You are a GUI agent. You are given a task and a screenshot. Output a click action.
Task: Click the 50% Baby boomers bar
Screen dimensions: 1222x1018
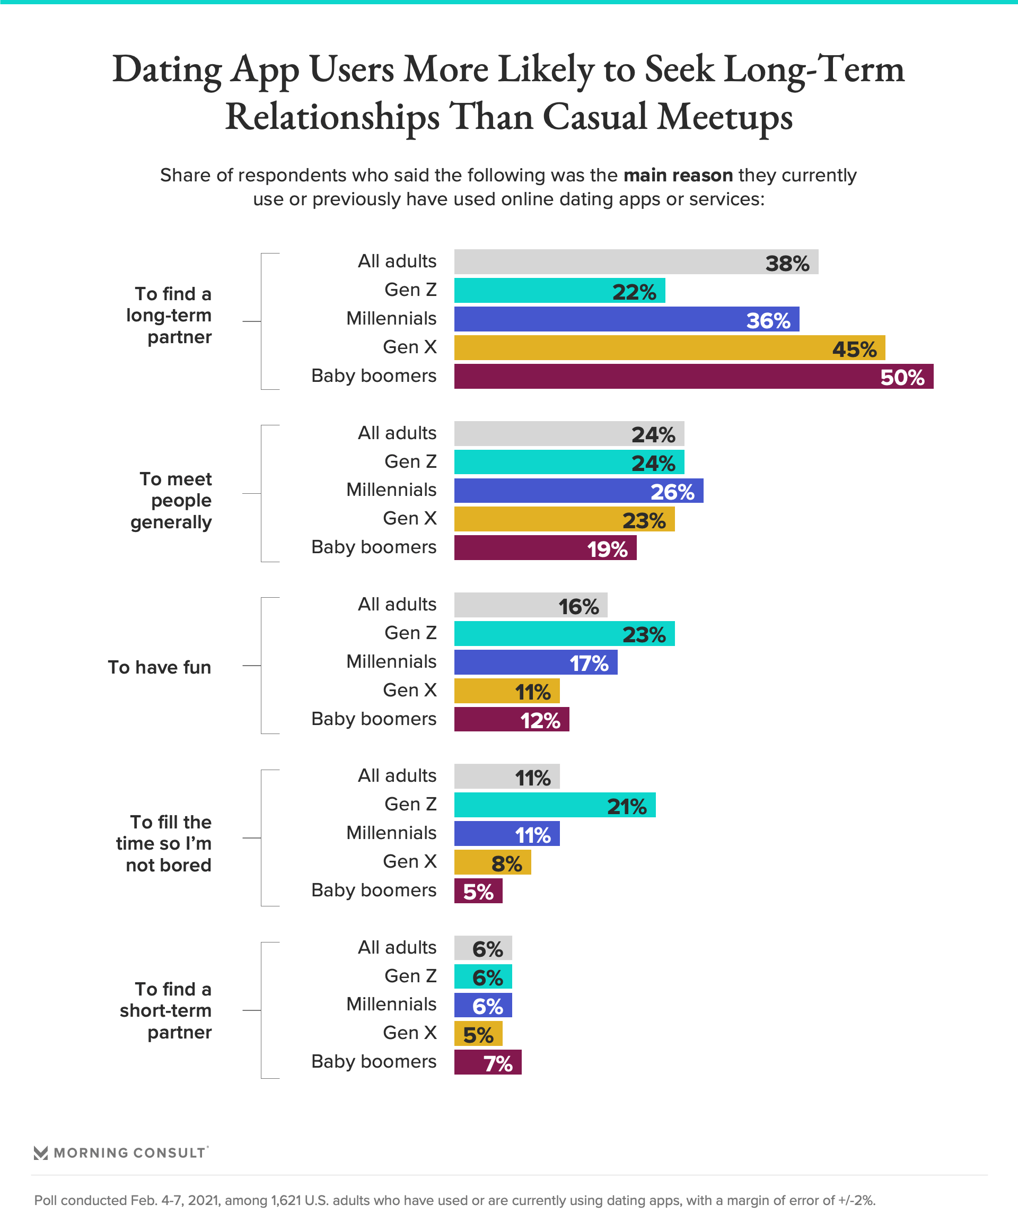(694, 376)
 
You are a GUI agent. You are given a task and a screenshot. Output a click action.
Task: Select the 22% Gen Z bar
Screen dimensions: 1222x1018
(559, 290)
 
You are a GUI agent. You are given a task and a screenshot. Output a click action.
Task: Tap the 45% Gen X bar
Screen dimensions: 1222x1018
(669, 347)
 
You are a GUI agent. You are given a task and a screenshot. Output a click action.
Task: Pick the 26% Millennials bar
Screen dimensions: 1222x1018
(578, 491)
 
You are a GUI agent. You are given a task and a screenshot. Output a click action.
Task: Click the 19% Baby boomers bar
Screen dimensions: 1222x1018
(545, 547)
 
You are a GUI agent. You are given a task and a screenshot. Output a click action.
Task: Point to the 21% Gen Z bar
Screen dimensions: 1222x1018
(555, 805)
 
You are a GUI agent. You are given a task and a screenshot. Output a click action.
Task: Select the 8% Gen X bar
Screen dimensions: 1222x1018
(492, 862)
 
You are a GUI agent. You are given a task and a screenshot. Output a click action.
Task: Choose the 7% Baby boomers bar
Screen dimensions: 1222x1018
(487, 1062)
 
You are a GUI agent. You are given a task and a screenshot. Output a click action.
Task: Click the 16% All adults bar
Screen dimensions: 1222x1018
(531, 605)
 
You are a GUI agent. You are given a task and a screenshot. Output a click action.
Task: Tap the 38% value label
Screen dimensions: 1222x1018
(787, 264)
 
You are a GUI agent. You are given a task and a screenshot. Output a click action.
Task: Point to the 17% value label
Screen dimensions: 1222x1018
(589, 664)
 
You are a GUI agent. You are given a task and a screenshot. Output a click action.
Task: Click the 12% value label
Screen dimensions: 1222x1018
(540, 721)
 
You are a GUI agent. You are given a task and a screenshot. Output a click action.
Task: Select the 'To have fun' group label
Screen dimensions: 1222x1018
(160, 667)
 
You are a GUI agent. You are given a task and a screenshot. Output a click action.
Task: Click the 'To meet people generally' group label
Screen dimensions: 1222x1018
(171, 501)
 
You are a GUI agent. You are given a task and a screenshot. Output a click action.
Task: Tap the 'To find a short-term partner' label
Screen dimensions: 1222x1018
(166, 1010)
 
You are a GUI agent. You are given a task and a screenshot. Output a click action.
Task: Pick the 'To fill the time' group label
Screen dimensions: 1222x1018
(164, 843)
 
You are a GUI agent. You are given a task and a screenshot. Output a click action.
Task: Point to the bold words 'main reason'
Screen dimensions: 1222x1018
(678, 175)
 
